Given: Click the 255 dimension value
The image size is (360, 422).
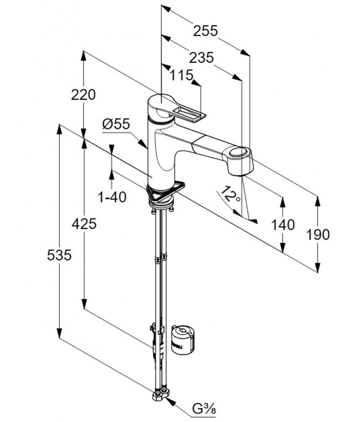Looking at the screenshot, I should [x=206, y=31].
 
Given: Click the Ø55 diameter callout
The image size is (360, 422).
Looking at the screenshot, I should [x=116, y=124].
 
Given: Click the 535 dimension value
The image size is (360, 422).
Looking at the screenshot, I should [x=59, y=255].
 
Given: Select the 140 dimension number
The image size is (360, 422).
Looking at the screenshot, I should [x=283, y=225].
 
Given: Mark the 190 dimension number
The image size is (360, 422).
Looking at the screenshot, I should [x=318, y=234].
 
